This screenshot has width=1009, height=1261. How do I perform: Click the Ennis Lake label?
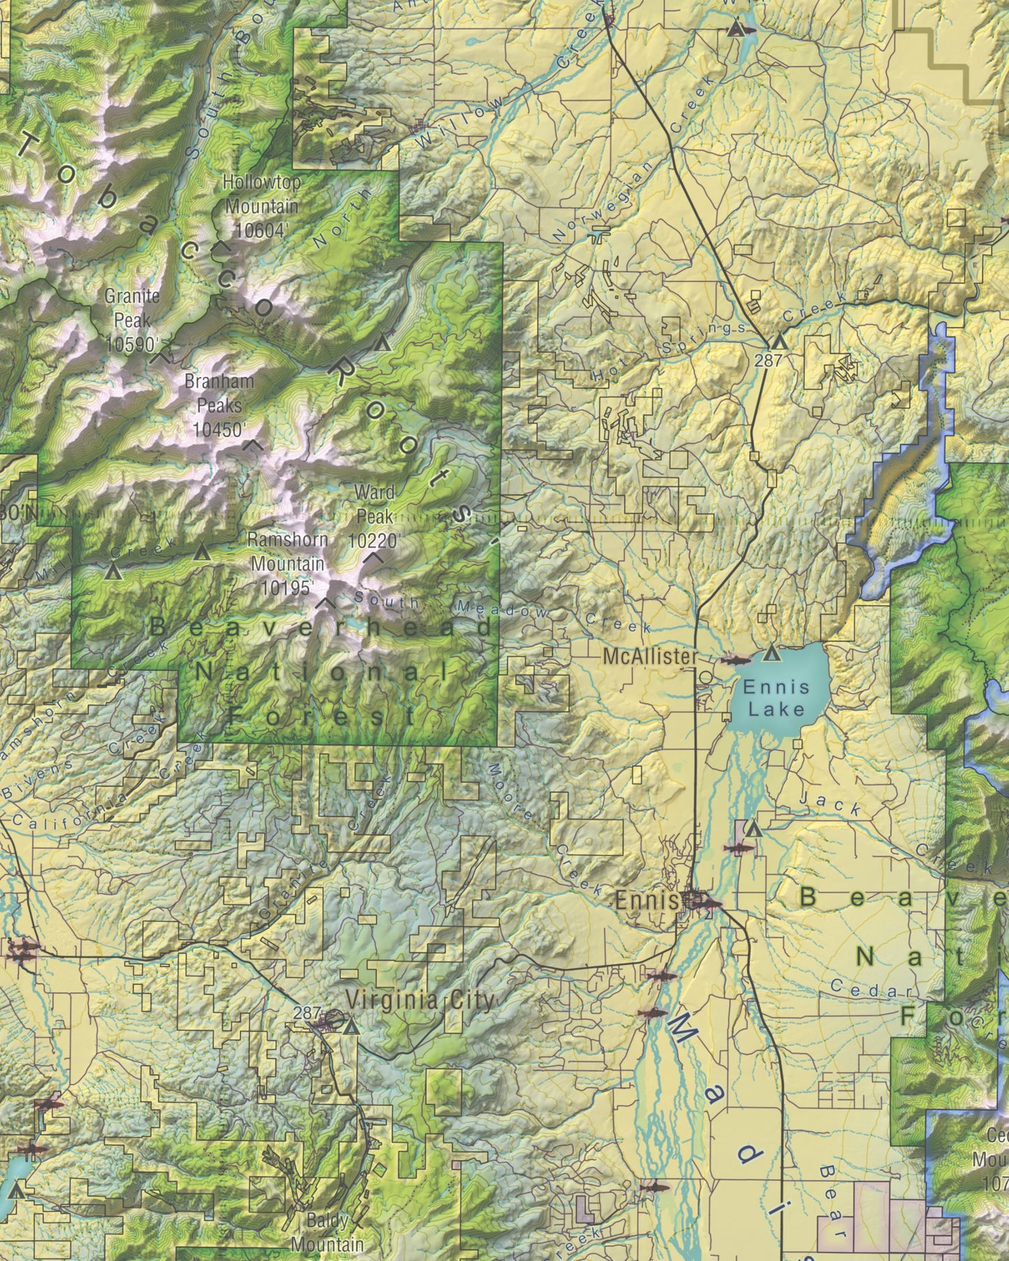click(x=776, y=698)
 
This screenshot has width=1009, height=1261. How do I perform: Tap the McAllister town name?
click(x=649, y=656)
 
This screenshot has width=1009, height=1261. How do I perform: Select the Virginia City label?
click(x=420, y=1000)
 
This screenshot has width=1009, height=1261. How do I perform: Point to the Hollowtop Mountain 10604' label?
click(x=262, y=206)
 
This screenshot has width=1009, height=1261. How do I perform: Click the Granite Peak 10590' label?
click(x=132, y=320)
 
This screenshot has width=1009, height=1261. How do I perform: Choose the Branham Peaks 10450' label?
click(x=219, y=405)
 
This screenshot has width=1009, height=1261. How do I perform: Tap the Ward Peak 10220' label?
click(x=374, y=516)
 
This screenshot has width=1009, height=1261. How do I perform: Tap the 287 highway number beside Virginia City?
click(x=307, y=1012)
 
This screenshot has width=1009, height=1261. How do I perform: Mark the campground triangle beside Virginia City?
click(x=351, y=1028)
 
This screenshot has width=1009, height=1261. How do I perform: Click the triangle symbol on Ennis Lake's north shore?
click(x=771, y=654)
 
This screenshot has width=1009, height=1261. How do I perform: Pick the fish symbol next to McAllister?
click(x=735, y=660)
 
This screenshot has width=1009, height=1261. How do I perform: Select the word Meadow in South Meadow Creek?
click(x=502, y=607)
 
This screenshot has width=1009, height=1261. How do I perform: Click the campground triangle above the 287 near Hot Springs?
click(x=779, y=342)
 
